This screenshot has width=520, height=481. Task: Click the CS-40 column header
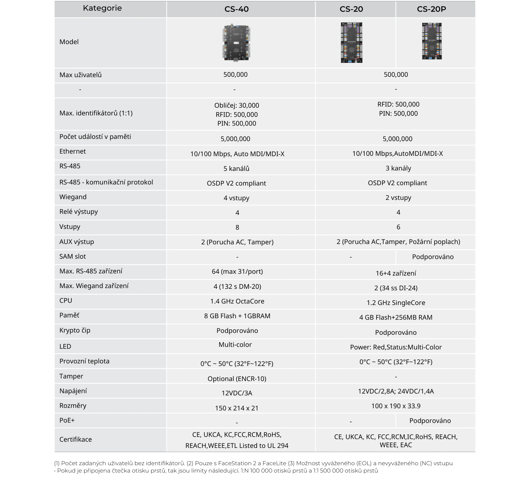pos(236,9)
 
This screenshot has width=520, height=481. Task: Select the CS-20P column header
pos(431,9)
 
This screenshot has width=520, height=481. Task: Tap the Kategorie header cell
pos(102,8)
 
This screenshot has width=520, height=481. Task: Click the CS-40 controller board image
pos(237,42)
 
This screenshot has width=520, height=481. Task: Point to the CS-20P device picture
pos(432,41)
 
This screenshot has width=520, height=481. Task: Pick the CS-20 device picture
pos(351,43)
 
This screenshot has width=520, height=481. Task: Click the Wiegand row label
pos(73,197)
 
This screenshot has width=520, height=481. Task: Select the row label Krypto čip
pos(75,330)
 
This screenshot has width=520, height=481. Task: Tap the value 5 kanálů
pos(236,169)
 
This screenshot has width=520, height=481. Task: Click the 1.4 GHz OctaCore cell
pos(237,301)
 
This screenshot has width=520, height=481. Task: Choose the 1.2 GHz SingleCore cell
pos(396,303)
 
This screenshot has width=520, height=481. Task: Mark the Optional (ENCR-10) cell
pos(237,379)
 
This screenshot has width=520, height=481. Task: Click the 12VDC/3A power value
pos(237,393)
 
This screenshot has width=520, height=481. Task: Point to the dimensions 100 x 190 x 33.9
pos(396,406)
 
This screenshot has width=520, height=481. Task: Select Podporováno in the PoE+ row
pos(430,421)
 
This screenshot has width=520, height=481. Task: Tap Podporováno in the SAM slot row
pos(432,257)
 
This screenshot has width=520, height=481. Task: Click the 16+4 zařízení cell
pos(396,273)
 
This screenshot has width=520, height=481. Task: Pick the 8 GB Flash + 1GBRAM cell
pos(237,316)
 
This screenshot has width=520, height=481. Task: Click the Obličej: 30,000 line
pos(237,105)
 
